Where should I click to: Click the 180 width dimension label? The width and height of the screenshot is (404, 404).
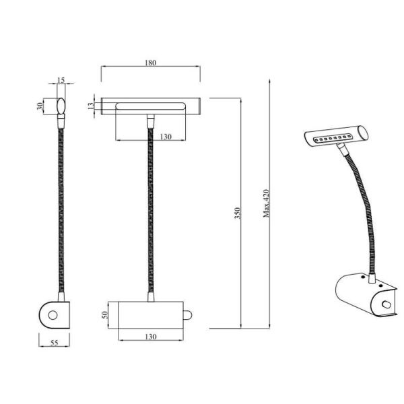point(151,63)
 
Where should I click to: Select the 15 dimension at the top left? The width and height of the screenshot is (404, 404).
point(61,81)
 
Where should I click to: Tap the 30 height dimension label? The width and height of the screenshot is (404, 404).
point(41,105)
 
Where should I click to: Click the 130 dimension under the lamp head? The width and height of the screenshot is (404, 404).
point(166,137)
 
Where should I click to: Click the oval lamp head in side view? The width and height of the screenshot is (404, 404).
point(61,106)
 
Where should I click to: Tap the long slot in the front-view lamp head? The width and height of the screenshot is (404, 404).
point(150,106)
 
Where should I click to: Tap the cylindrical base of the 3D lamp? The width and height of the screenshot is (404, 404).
point(364,296)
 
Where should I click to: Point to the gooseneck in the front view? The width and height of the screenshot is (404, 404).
point(149,209)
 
